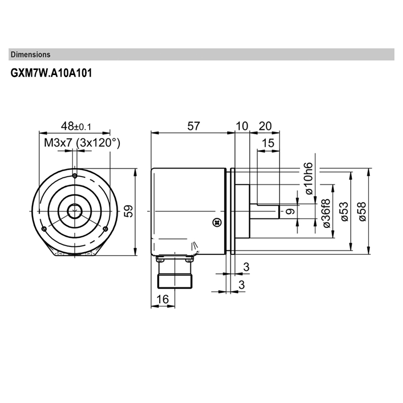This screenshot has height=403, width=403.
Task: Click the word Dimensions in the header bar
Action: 30,54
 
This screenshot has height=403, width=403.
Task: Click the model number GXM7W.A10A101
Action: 51,73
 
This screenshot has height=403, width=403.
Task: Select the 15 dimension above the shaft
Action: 268,143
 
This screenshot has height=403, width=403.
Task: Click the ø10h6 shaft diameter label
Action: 308,179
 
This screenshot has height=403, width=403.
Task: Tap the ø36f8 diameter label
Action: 326,214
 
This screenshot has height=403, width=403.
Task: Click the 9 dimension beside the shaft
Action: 290,212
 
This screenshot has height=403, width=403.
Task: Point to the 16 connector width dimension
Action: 162,299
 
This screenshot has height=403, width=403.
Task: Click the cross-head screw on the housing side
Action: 217,221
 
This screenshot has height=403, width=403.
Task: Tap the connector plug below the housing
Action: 174,275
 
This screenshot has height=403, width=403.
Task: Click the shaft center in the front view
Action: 75,209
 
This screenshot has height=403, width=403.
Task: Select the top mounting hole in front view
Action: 75,176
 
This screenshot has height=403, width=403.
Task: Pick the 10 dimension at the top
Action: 242,126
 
